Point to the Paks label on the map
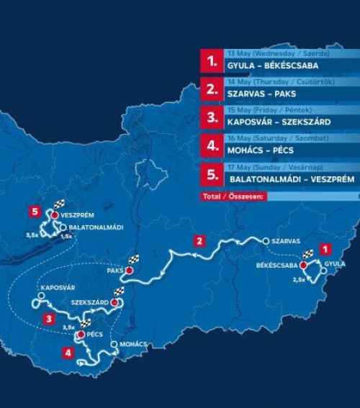[x=115, y=271]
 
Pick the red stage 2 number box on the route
[x=200, y=240]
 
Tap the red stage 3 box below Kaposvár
[x=48, y=318]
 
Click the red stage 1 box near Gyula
[x=325, y=248]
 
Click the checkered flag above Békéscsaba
[x=307, y=254]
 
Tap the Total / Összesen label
[x=235, y=194]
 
